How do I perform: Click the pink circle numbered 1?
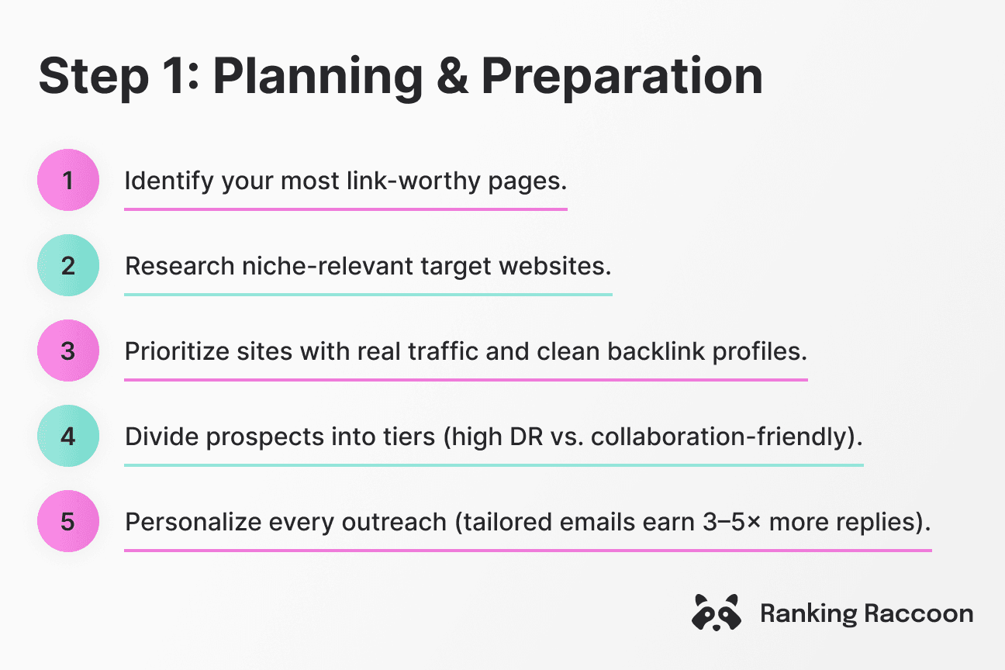[x=68, y=180]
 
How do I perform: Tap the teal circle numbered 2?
[x=68, y=265]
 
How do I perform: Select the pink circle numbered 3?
[x=68, y=351]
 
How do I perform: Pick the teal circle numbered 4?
[x=68, y=436]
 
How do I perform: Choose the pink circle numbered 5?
[x=68, y=521]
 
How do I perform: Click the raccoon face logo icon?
[x=716, y=613]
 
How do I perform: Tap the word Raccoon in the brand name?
[x=919, y=613]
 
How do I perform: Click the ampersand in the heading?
[x=452, y=76]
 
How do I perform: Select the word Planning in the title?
[x=318, y=78]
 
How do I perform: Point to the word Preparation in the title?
[x=622, y=78]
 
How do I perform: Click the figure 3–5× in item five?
[x=732, y=523]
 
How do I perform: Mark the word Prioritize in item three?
[x=177, y=351]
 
